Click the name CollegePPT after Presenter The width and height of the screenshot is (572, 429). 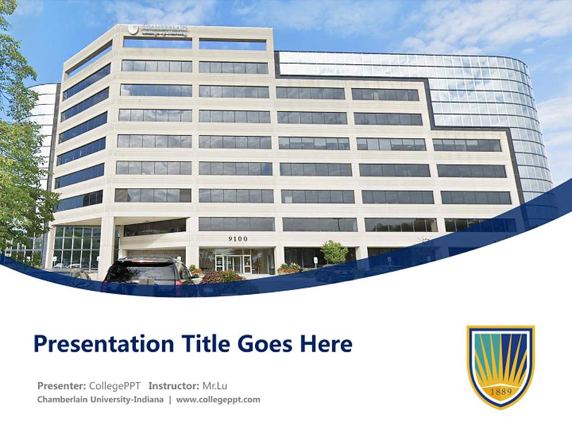114,386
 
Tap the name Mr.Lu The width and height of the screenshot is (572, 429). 214,386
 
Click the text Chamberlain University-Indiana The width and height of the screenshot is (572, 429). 100,399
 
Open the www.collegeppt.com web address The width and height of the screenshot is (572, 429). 218,399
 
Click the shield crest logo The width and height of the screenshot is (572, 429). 500,366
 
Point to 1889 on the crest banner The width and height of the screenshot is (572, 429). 500,391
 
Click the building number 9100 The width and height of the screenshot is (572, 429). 238,239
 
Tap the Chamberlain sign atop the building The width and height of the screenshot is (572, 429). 157,30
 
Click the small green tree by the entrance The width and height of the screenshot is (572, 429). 334,252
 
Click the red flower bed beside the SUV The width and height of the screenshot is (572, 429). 220,276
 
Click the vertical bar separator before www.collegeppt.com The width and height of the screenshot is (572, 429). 170,399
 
